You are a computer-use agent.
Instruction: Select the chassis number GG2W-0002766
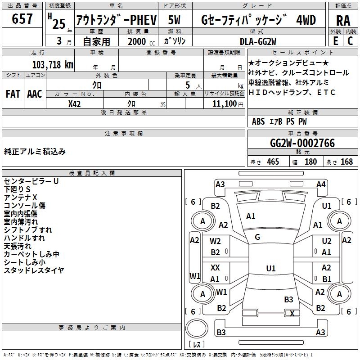click(x=302, y=143)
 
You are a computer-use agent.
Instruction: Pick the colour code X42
click(x=75, y=104)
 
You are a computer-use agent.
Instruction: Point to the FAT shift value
click(x=13, y=94)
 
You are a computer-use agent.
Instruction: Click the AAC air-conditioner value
click(x=34, y=94)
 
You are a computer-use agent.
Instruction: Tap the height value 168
click(x=346, y=162)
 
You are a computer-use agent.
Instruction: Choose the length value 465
click(x=273, y=162)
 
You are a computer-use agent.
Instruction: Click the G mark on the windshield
click(x=257, y=237)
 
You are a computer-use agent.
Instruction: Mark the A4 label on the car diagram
click(x=321, y=184)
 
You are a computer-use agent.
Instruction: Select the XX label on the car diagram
click(x=215, y=268)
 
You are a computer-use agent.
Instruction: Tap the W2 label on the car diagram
click(x=216, y=241)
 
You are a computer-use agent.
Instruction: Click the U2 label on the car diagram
click(x=327, y=241)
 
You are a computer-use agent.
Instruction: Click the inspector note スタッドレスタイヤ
click(x=34, y=270)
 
